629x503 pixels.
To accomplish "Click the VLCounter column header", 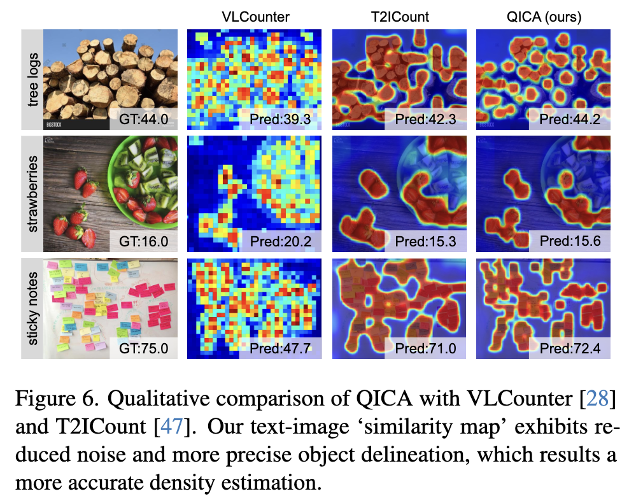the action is (x=255, y=17).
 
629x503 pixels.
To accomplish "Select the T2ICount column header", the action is (x=400, y=17).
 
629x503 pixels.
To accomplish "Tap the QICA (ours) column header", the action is (x=544, y=17).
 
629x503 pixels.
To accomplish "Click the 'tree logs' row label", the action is (x=33, y=80).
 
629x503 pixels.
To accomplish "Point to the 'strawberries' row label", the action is (x=33, y=194).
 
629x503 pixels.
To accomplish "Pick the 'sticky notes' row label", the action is (x=33, y=308).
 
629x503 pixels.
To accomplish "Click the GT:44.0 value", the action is (x=144, y=119).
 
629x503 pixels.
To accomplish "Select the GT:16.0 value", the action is (x=144, y=241).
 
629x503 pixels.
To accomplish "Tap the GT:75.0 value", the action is (x=144, y=348).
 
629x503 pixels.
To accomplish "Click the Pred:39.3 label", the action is (x=280, y=119).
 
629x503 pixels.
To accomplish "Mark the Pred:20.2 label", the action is (x=280, y=241).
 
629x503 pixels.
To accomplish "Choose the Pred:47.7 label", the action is (x=280, y=348).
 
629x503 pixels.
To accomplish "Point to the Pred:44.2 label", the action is (x=570, y=119).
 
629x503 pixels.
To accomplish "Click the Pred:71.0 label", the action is (x=425, y=348).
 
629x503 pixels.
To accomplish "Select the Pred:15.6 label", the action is (x=570, y=241).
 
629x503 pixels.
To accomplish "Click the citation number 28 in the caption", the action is (x=597, y=399).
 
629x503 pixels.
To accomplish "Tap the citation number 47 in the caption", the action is (x=172, y=427).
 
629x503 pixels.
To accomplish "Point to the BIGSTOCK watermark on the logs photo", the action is (x=53, y=125).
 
